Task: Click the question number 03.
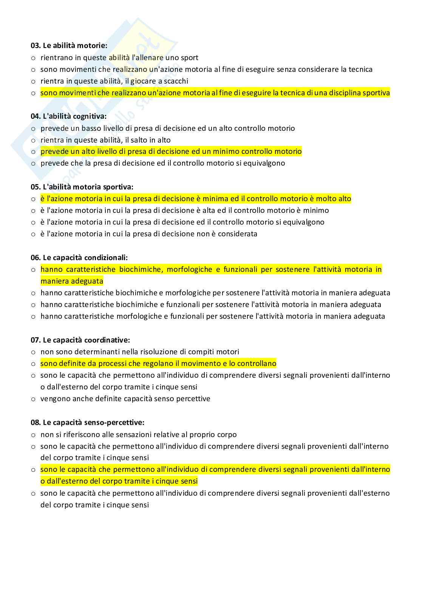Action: pos(36,46)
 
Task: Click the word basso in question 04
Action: pos(91,128)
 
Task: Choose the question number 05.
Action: pos(36,187)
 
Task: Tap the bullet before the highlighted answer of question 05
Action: pos(33,199)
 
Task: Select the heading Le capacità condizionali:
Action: pos(85,257)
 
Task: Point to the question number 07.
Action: pos(36,340)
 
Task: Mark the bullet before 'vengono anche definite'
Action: pos(33,399)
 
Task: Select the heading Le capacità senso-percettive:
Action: pos(93,422)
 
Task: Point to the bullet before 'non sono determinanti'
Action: pos(33,352)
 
